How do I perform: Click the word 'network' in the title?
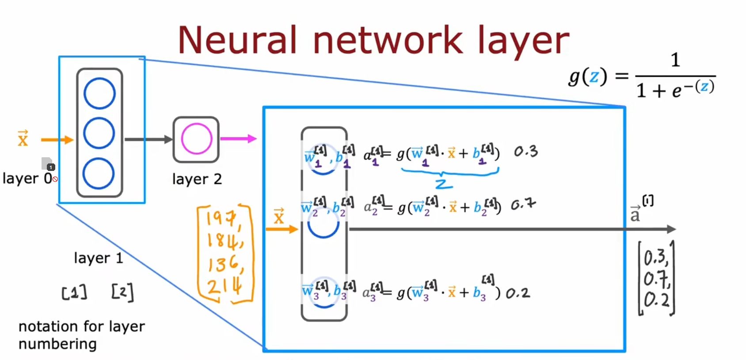388,40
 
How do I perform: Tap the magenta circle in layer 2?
197,139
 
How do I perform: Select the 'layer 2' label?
197,179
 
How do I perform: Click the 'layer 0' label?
27,178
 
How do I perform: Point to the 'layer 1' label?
98,258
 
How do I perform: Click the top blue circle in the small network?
99,93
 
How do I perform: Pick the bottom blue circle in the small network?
99,174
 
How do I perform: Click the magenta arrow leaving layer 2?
238,139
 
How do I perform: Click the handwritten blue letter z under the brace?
443,183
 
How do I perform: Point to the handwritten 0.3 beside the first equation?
525,152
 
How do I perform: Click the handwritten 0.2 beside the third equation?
518,293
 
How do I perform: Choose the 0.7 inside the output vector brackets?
656,279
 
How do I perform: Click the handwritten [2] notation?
122,292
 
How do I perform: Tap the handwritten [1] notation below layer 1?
74,292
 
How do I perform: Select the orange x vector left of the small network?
23,138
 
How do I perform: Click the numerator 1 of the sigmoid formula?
675,60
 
